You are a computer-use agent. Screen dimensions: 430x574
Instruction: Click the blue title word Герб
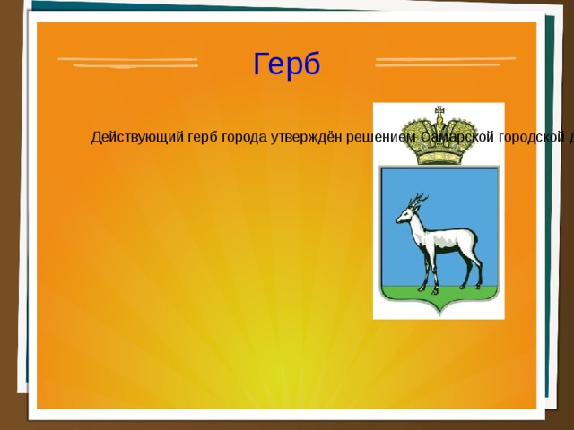286,64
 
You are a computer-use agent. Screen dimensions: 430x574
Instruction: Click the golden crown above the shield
439,140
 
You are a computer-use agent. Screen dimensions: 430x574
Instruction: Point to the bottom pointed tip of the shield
439,314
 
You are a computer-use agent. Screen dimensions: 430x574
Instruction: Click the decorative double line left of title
127,63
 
